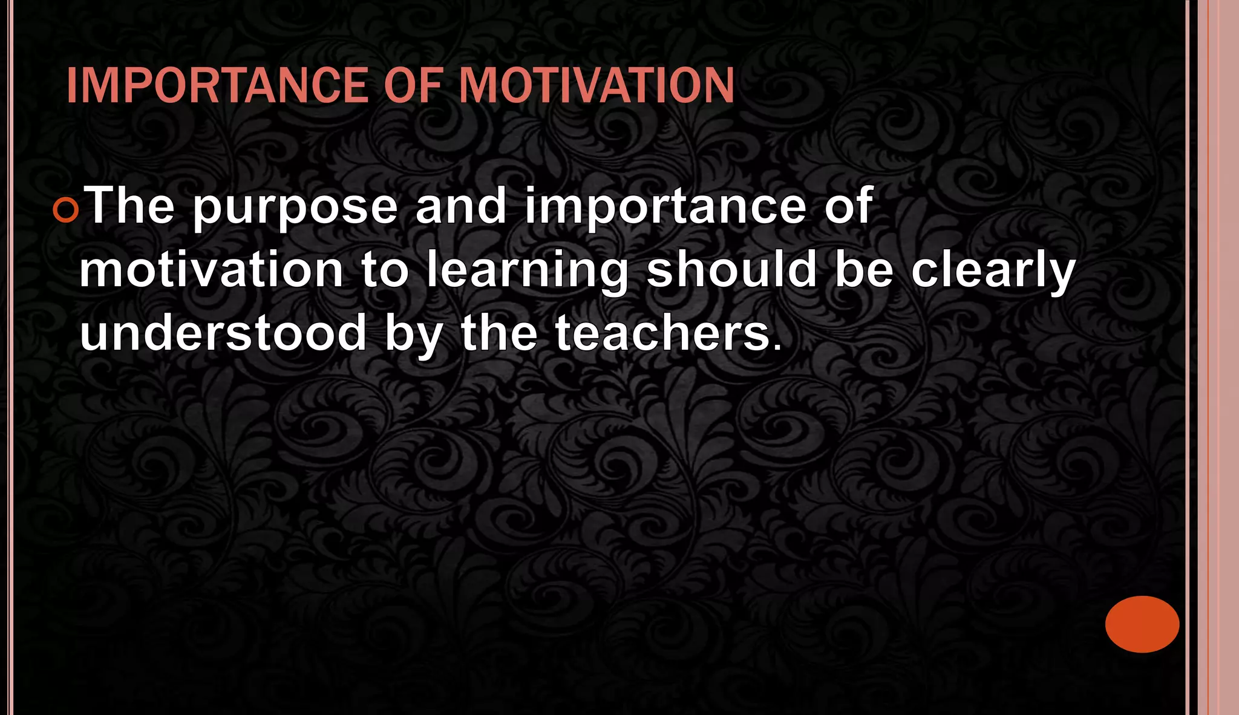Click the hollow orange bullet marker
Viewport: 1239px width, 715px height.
coord(65,211)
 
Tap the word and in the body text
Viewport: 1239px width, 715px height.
coord(461,206)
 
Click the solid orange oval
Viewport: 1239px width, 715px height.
coord(1142,624)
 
